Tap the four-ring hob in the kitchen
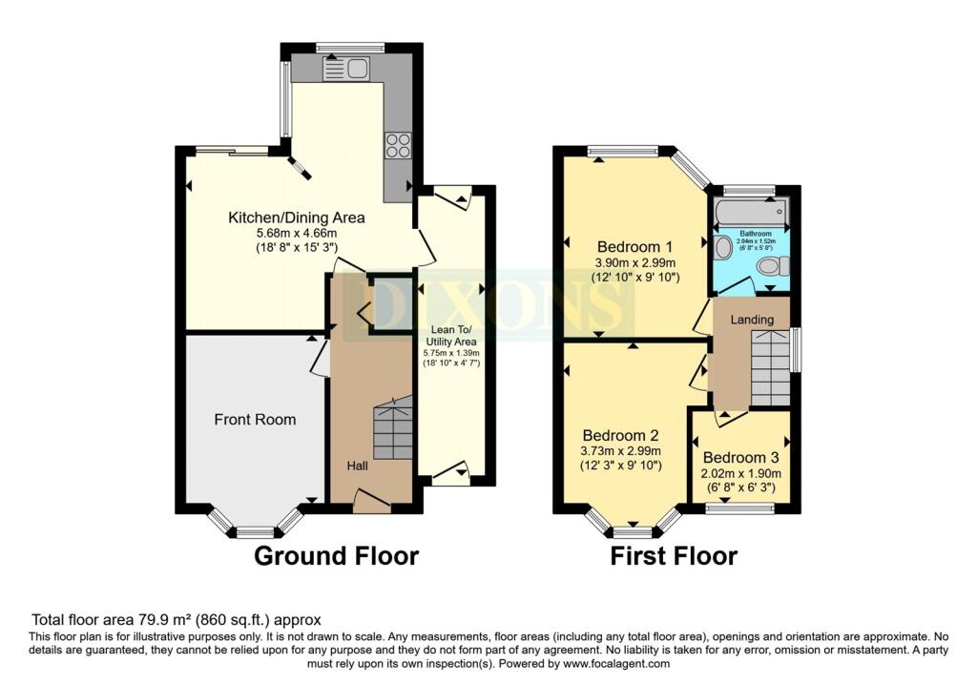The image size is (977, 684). point(397,145)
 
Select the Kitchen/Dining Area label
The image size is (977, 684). point(296,218)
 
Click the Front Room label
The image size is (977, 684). point(255,419)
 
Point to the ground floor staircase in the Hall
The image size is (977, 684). point(392,431)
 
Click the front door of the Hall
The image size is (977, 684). point(371,501)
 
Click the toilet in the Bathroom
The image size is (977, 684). point(769,265)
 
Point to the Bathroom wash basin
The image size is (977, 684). point(722,248)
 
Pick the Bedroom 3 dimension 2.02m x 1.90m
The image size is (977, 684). point(741,473)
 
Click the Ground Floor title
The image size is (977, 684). point(336,555)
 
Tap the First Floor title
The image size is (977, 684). point(674,555)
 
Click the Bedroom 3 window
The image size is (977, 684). point(739,509)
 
